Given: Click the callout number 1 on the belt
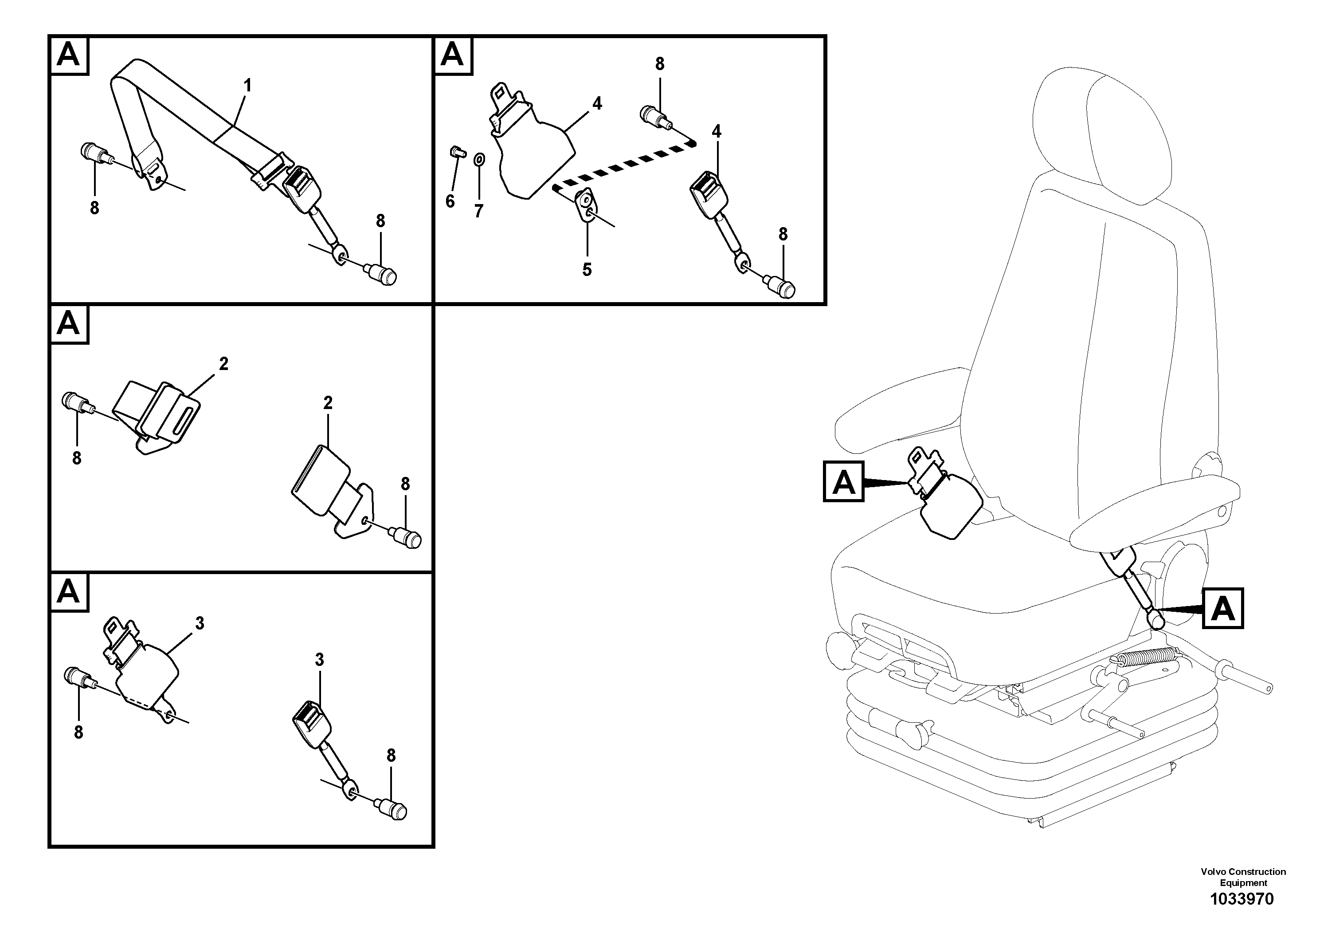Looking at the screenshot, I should [247, 86].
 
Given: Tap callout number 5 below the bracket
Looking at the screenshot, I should [587, 269].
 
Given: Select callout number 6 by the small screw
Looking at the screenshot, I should [450, 201].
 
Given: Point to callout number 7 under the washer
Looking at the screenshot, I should [479, 211].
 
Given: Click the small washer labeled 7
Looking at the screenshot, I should [479, 159].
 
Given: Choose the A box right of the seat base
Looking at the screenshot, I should [1222, 607].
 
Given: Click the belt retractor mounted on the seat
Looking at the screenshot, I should [946, 506].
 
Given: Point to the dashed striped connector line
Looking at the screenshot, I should [624, 164].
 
